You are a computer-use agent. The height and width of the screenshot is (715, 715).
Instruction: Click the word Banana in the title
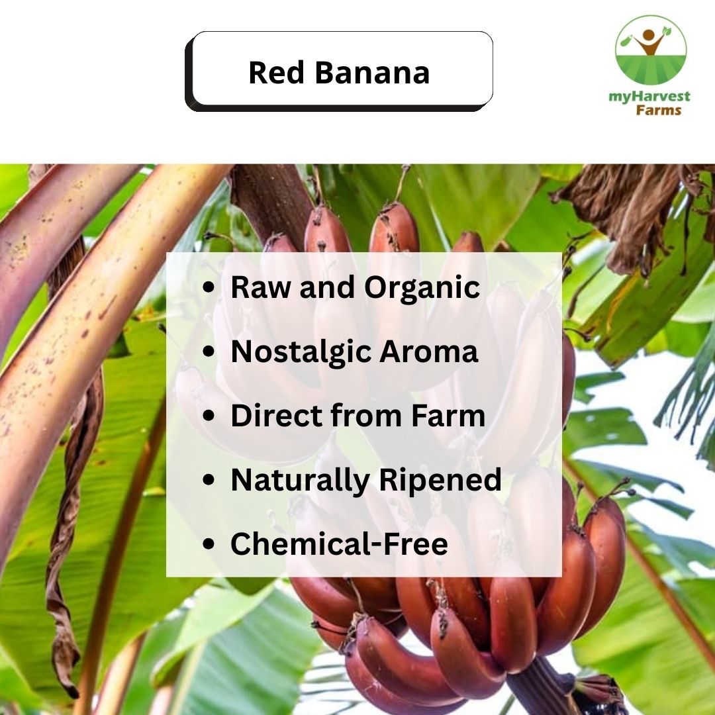[372, 72]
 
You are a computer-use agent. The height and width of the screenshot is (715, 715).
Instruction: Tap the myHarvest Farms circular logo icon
[650, 50]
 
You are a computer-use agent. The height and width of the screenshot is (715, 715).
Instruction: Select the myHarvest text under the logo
[649, 96]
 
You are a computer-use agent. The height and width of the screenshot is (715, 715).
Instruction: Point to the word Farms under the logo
[658, 109]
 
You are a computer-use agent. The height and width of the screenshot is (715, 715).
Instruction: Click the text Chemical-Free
[339, 544]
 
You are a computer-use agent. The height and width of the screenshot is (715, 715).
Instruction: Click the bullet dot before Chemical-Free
[209, 544]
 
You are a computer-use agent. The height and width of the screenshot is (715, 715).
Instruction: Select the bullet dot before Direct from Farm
[209, 416]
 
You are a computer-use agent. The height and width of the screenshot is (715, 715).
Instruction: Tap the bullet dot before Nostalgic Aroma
[209, 352]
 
